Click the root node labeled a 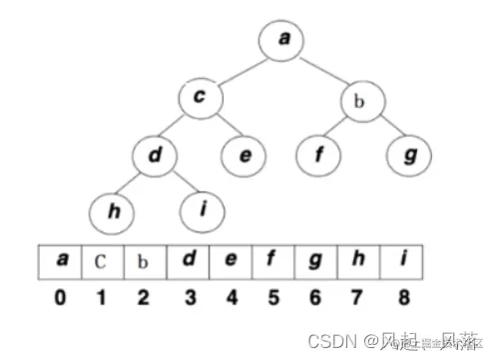click(x=284, y=40)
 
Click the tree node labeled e click(x=242, y=155)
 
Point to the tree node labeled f click(x=319, y=155)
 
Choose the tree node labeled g click(x=409, y=155)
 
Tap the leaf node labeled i click(x=205, y=210)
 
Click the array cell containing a click(x=63, y=262)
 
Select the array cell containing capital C click(x=102, y=262)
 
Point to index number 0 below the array click(x=62, y=298)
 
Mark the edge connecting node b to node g click(x=386, y=127)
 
